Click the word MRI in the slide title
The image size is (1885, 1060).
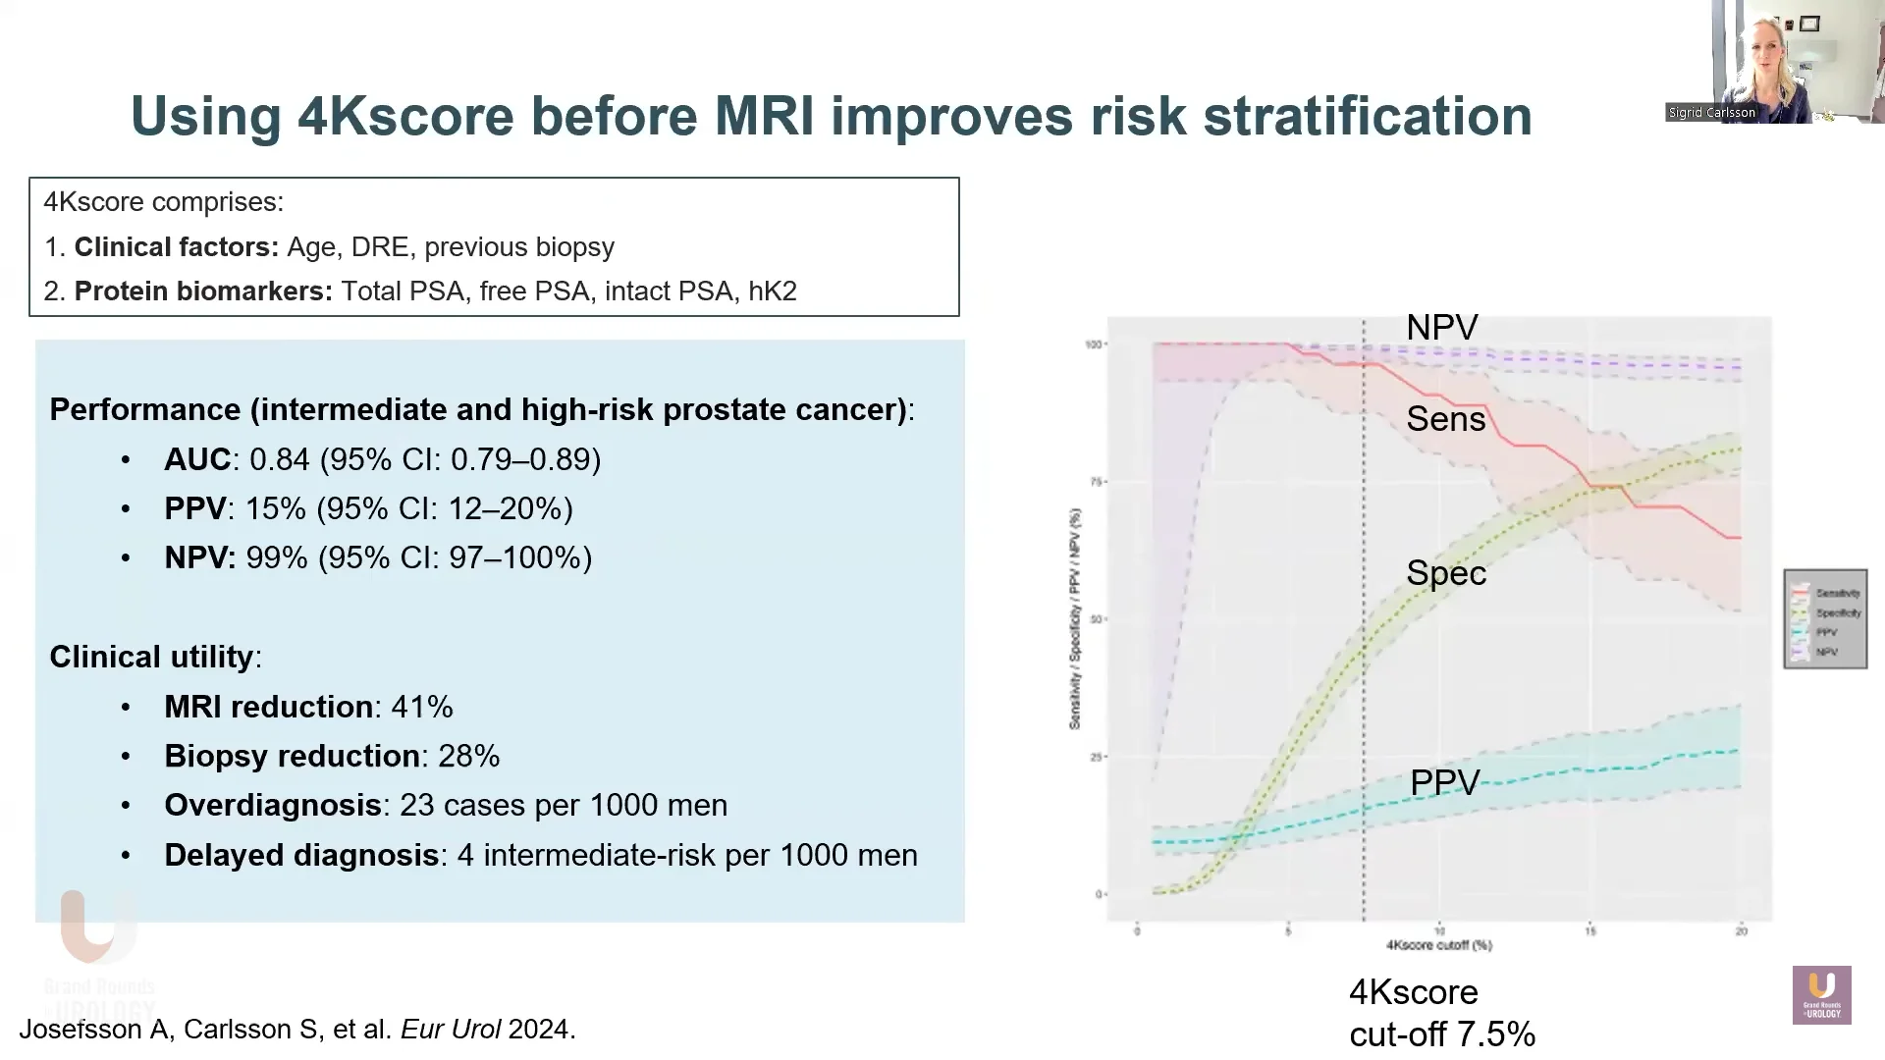point(764,116)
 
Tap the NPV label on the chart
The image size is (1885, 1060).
point(1441,328)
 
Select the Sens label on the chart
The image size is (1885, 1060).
point(1445,420)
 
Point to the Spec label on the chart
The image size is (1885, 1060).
point(1446,573)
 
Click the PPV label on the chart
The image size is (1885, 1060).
point(1444,782)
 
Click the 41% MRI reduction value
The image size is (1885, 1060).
point(422,707)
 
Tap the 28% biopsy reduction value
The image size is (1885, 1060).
point(468,756)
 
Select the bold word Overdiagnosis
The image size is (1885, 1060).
point(272,805)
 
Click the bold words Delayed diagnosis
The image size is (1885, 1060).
point(300,855)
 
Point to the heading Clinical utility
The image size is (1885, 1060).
point(151,657)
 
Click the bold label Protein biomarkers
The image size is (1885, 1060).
point(203,291)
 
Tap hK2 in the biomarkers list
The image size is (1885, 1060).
point(772,291)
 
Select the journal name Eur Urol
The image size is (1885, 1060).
point(450,1029)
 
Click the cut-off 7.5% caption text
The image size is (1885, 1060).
point(1441,1033)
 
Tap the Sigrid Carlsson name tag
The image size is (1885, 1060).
point(1711,113)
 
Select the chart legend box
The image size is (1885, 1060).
point(1825,619)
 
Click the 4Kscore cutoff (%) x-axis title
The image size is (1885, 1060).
point(1438,945)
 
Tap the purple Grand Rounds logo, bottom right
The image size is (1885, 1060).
point(1821,995)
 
